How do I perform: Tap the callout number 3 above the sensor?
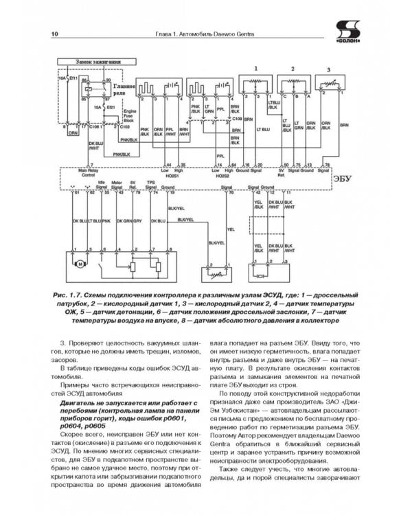pyautogui.click(x=328, y=69)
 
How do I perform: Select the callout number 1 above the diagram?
pyautogui.click(x=256, y=69)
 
